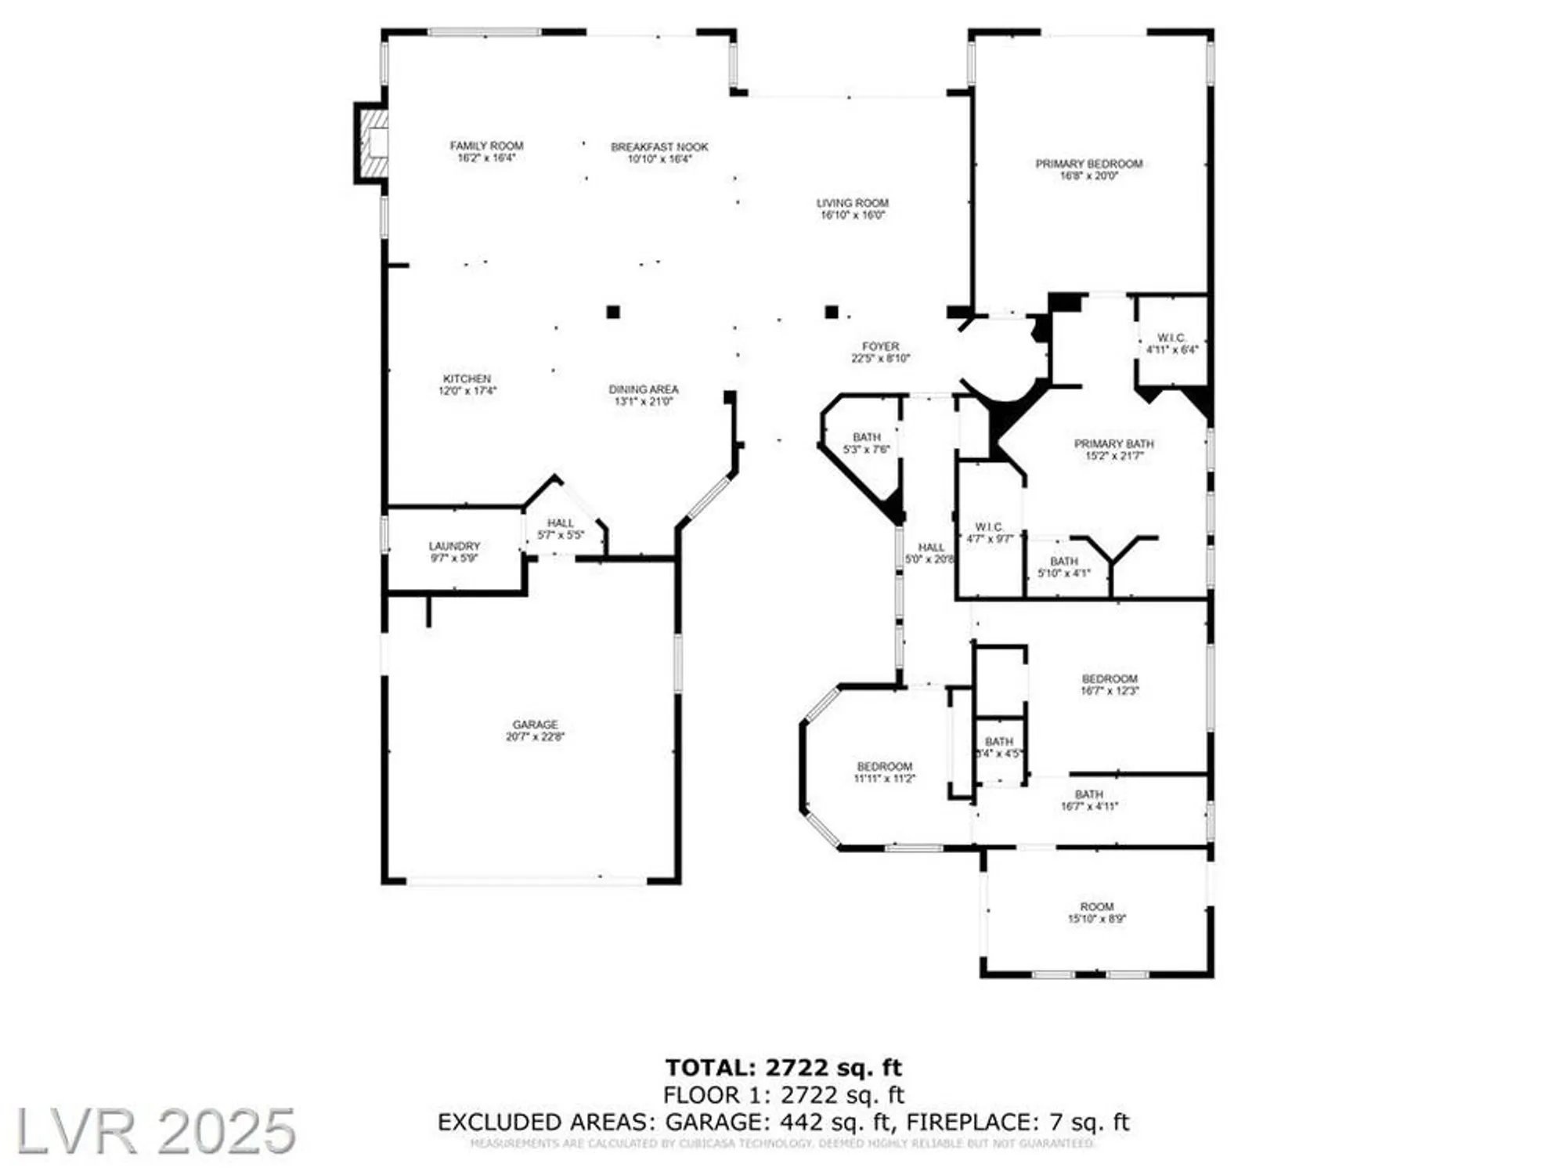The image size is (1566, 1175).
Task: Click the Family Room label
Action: point(486,146)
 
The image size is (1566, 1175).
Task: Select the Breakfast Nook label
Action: point(659,147)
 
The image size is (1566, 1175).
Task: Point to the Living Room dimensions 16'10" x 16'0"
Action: point(853,215)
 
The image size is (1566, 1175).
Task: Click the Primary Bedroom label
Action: point(1088,164)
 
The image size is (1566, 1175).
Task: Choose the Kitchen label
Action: point(467,379)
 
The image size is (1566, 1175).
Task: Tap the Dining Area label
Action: point(644,389)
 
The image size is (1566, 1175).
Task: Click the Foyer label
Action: point(880,346)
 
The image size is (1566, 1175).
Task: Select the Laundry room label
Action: point(454,546)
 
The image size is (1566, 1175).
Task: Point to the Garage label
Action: point(536,725)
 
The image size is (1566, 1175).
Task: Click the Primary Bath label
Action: point(1113,444)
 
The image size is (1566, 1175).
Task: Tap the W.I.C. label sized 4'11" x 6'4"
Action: point(1171,338)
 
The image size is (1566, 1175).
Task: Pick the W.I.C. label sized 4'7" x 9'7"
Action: point(989,527)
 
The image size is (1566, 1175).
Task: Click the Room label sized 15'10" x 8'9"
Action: point(1096,906)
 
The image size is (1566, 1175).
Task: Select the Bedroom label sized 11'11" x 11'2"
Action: point(884,766)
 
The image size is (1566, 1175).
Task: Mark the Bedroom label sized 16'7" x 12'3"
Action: point(1110,679)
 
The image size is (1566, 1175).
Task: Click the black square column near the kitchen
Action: point(613,312)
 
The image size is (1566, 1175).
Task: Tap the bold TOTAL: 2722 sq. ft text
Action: point(783,1068)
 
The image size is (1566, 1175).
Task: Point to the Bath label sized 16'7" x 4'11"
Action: point(1088,794)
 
